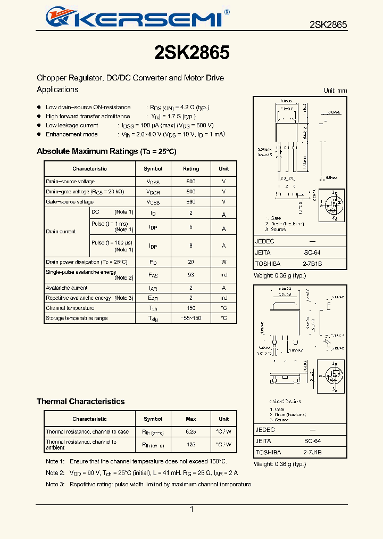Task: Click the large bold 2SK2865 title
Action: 191,52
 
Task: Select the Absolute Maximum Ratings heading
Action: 106,152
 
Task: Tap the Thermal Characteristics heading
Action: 80,402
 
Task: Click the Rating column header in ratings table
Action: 191,169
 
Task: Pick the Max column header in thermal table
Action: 191,419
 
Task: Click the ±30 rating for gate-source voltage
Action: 191,202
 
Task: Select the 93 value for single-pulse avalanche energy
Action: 191,275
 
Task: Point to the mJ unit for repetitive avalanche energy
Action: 223,298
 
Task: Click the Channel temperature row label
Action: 70,308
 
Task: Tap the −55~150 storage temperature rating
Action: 191,318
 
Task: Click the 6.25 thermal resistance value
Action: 191,432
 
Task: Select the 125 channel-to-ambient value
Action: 191,445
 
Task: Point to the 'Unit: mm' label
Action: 335,91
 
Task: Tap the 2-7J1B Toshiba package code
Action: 312,452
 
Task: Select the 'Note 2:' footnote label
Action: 55,473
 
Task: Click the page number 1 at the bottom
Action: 191,510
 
